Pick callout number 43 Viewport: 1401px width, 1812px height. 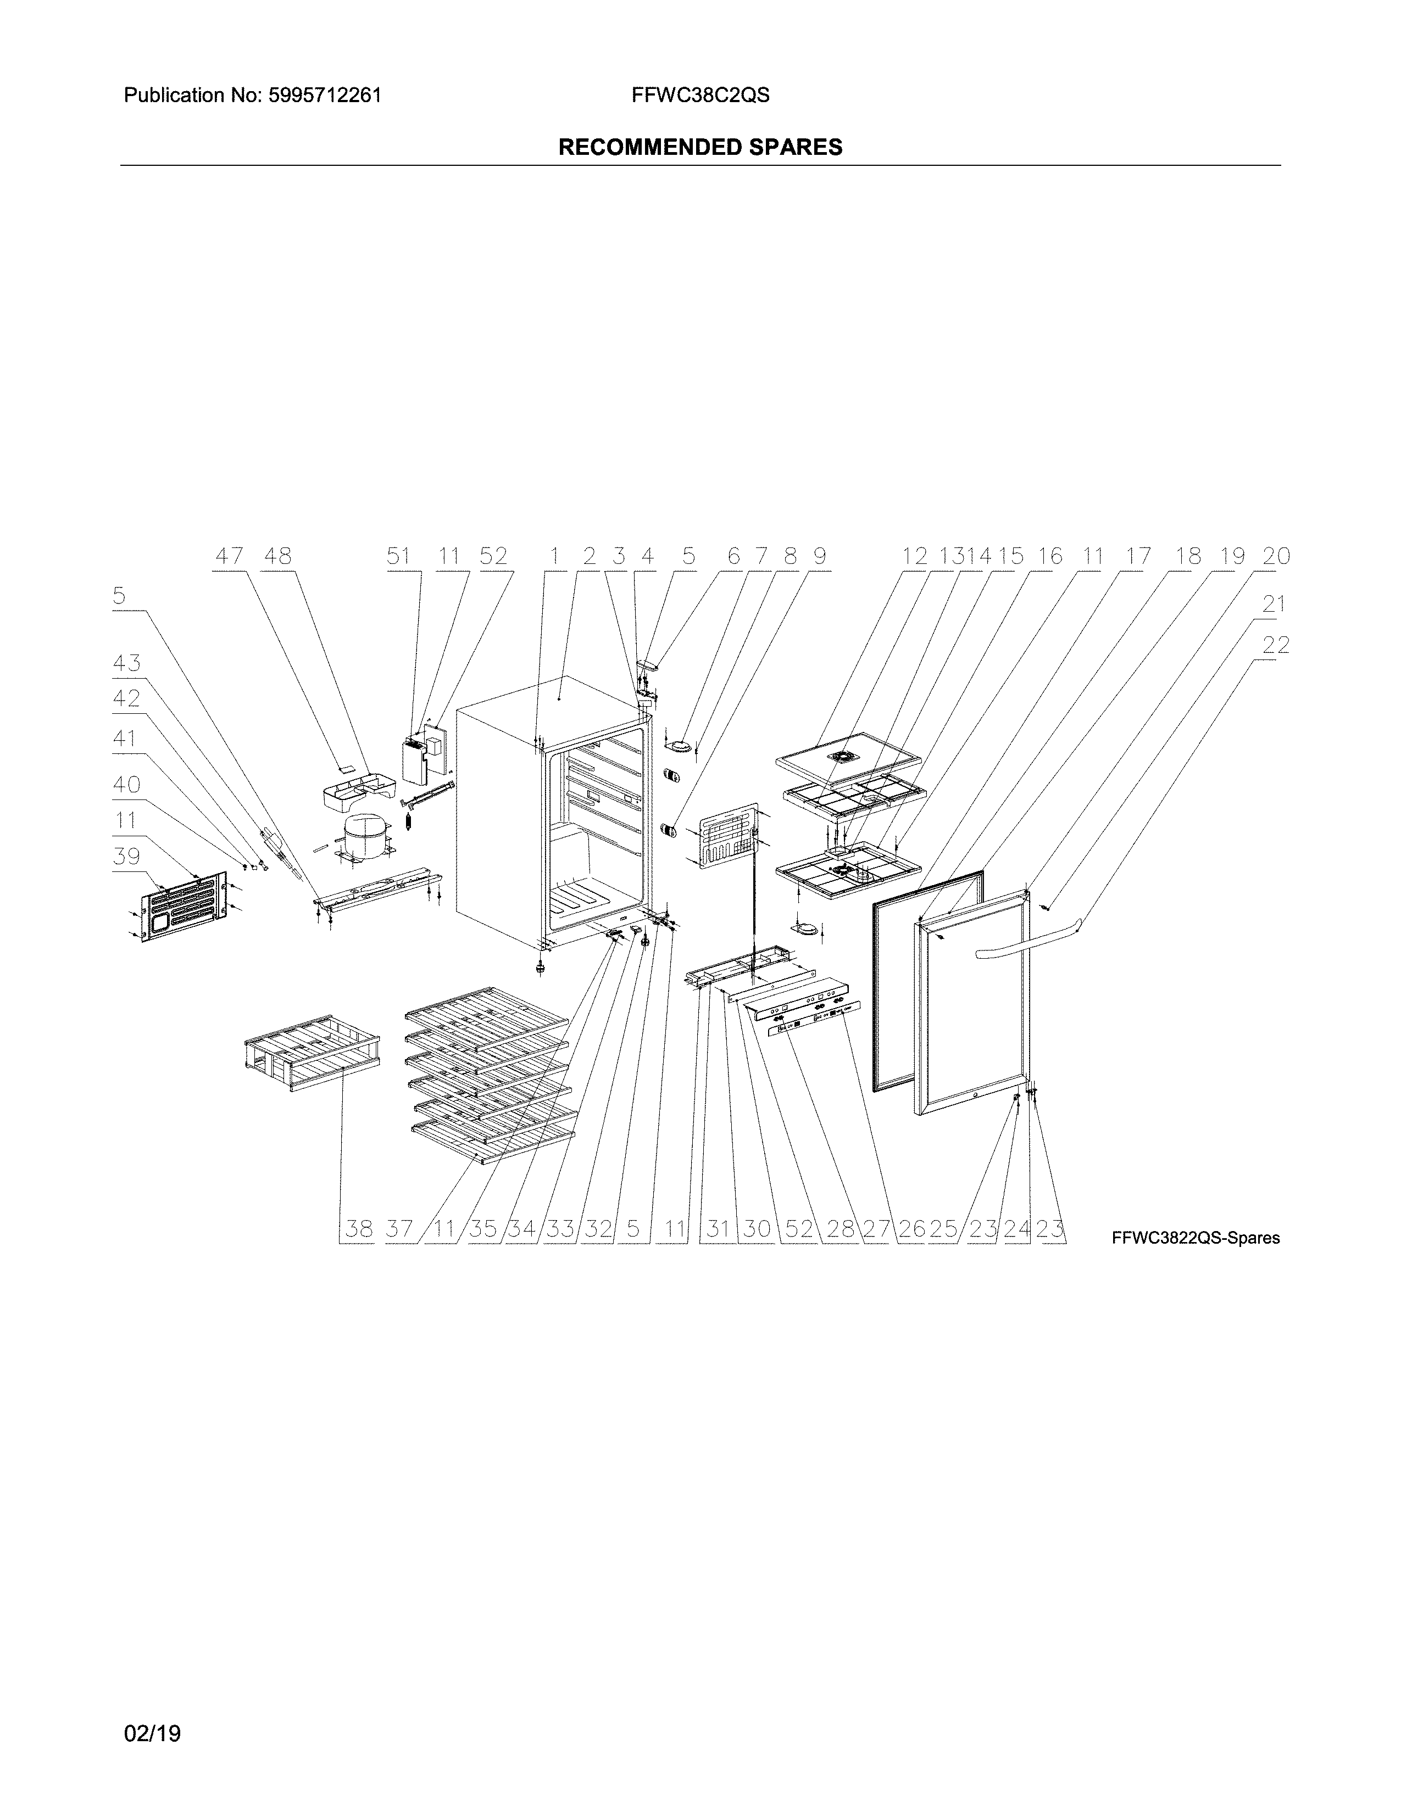126,664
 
